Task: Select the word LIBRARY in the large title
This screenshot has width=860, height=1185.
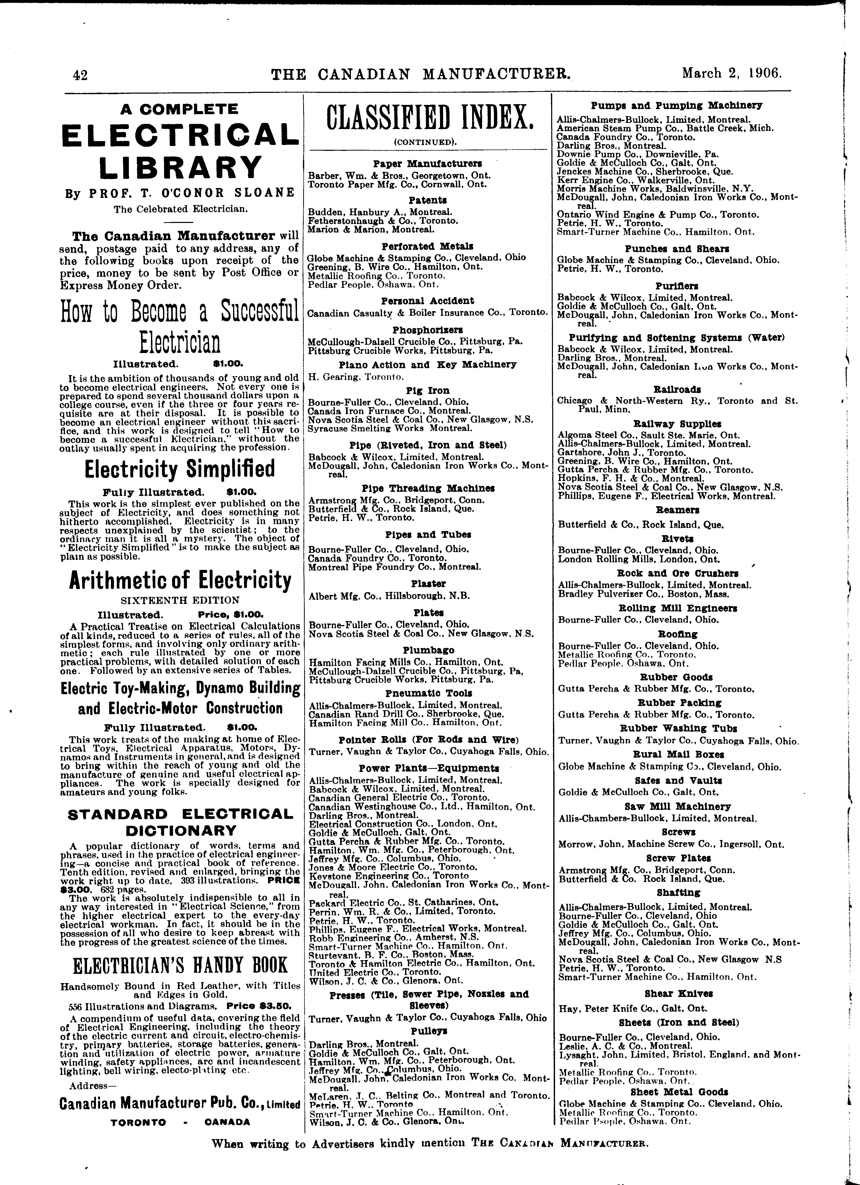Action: click(x=180, y=167)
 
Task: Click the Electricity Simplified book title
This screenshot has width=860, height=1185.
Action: click(x=179, y=469)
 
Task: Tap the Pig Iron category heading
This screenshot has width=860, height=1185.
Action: click(x=428, y=390)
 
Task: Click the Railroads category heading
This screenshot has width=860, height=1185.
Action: click(x=677, y=389)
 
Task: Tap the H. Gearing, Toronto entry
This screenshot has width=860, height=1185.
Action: click(x=356, y=376)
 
